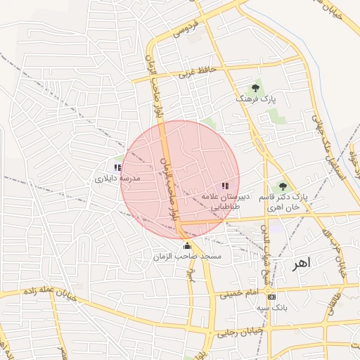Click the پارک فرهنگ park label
tap(257, 101)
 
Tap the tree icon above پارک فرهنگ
tap(255, 89)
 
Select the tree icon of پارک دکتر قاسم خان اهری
tap(283, 186)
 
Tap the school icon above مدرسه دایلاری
tap(117, 167)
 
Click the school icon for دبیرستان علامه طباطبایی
tap(224, 186)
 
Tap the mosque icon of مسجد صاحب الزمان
tap(187, 245)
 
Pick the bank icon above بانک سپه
tap(271, 296)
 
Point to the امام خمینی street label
tap(239, 292)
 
